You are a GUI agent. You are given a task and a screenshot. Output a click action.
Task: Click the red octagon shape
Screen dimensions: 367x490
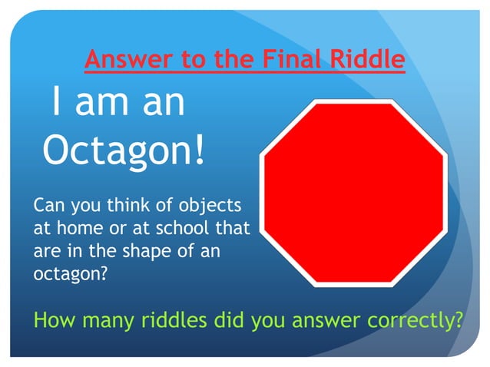coord(353,193)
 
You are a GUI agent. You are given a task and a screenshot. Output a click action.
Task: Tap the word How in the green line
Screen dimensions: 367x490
coord(54,319)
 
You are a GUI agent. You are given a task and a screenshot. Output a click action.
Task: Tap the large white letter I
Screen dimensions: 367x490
coord(56,102)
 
